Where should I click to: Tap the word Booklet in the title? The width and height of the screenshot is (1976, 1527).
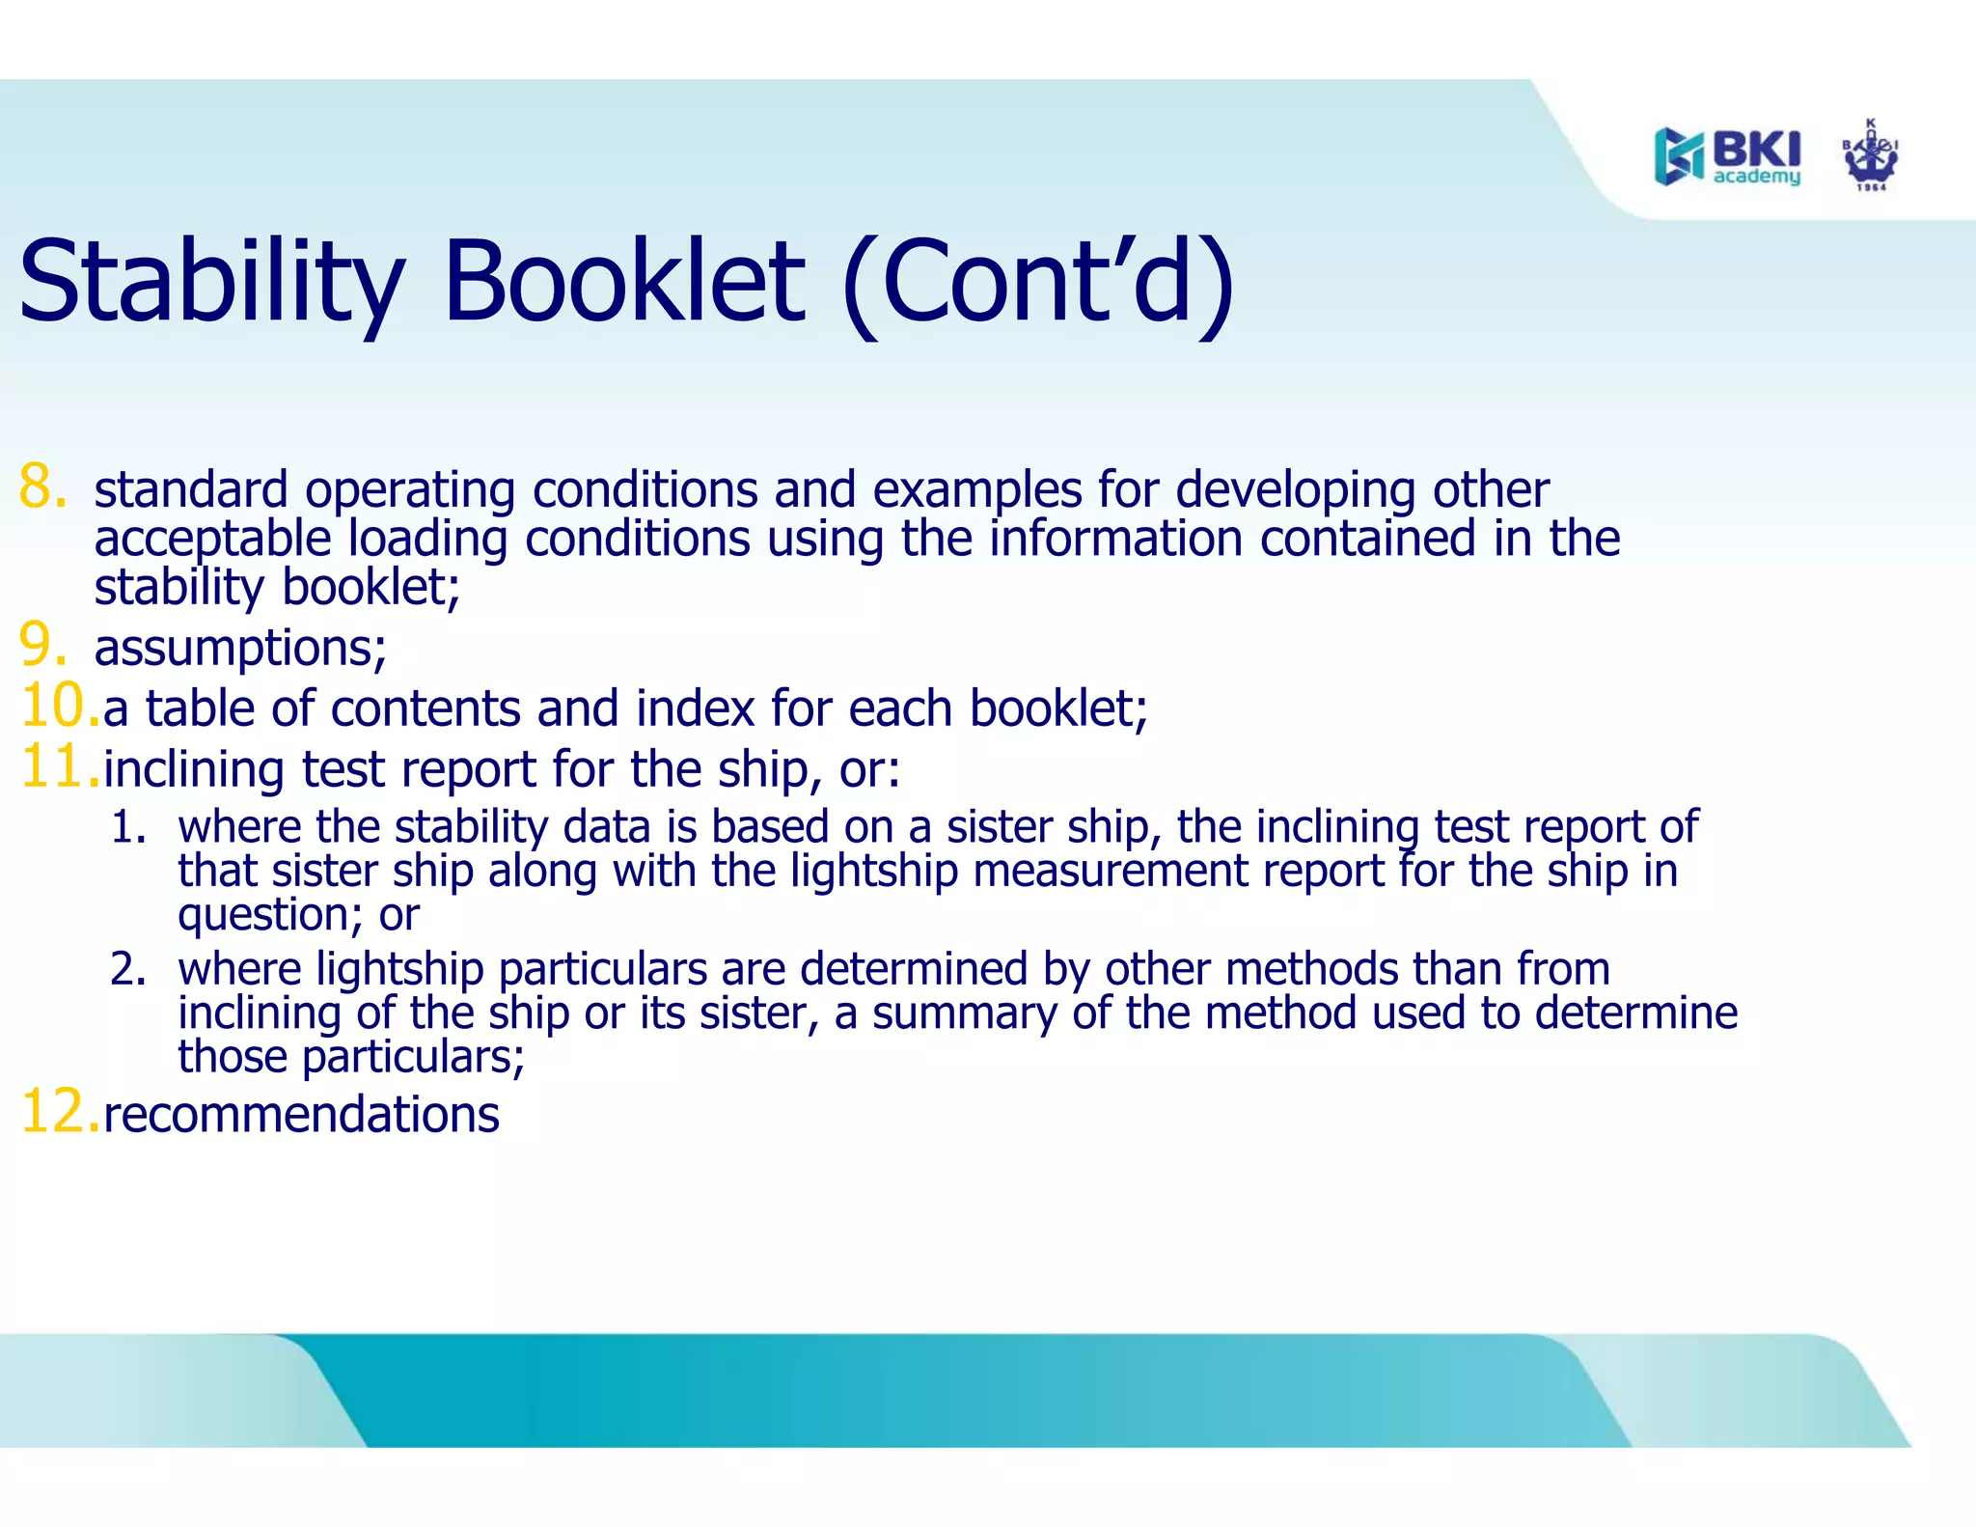(x=622, y=283)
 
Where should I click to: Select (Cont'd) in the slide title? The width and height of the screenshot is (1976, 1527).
(x=1038, y=283)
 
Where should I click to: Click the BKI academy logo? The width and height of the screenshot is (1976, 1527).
(x=1727, y=155)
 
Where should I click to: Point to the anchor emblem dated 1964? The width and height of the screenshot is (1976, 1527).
(x=1871, y=155)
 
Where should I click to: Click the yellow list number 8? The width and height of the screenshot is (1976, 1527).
(x=42, y=486)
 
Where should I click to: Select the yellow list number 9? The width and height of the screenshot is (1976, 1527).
(x=42, y=645)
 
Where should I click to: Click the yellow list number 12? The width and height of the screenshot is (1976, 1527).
(x=58, y=1112)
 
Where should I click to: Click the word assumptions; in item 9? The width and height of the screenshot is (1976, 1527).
(x=240, y=648)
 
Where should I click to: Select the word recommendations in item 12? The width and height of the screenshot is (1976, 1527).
(x=301, y=1115)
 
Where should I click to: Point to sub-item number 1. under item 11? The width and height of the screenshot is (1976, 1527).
(x=127, y=828)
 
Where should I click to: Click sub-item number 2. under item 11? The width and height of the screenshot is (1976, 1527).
(x=127, y=969)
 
